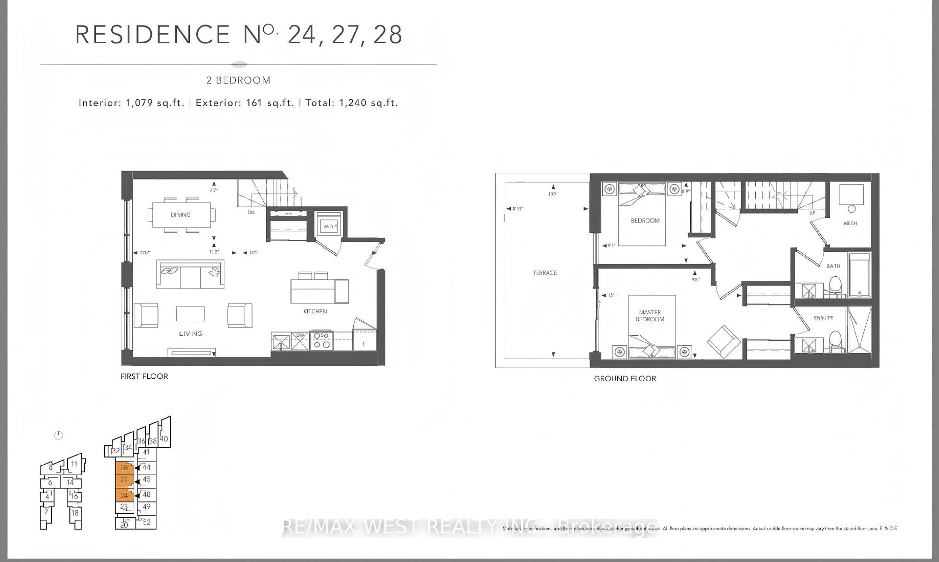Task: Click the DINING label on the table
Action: [180, 215]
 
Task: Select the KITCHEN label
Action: [315, 311]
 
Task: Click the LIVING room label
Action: [190, 334]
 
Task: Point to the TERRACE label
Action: [545, 273]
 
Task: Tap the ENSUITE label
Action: [823, 318]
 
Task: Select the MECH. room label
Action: [851, 223]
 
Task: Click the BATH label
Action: [833, 266]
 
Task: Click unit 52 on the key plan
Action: [147, 522]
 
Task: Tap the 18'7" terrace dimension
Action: [553, 194]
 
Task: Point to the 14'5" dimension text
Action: [254, 253]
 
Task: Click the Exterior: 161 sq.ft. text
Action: [245, 103]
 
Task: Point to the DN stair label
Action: [251, 212]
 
